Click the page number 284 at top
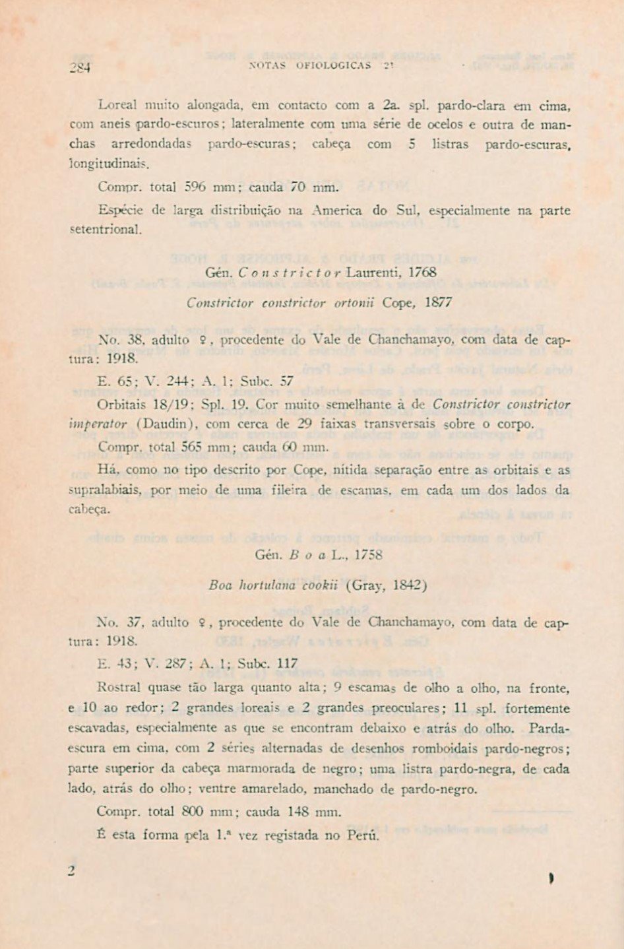pyautogui.click(x=81, y=66)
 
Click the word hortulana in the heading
pyautogui.click(x=263, y=585)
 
